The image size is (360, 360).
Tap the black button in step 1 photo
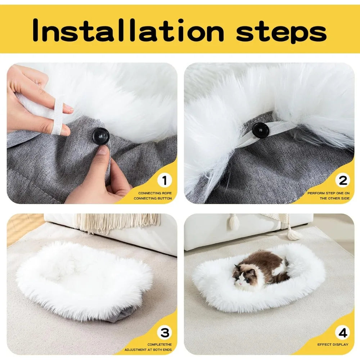click(x=100, y=135)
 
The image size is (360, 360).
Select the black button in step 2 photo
click(x=260, y=130)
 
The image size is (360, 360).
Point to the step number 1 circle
click(x=165, y=180)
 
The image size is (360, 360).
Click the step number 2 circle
click(x=343, y=180)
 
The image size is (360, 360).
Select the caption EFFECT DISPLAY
click(x=333, y=345)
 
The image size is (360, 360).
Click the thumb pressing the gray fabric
click(x=102, y=151)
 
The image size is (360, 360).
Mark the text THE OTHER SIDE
click(x=334, y=198)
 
